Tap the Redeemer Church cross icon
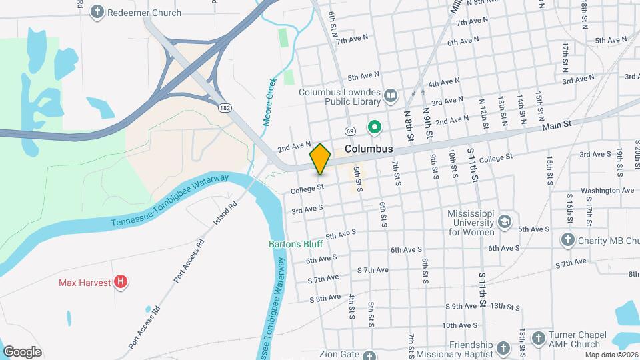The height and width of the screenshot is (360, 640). coord(97,12)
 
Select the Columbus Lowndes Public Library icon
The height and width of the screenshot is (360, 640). coord(391,98)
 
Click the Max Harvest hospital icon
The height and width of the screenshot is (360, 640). coord(120,282)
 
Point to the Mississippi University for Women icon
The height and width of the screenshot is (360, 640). coord(505,221)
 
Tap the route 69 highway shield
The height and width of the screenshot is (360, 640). coord(349,131)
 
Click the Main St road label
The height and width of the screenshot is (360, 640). coord(557,125)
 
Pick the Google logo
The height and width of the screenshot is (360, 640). coord(22,352)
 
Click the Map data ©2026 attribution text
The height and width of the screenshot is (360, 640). coord(613,355)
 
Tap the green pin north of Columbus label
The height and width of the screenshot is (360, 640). coord(375,126)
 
